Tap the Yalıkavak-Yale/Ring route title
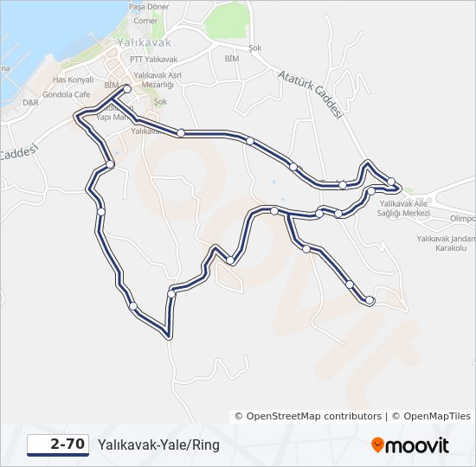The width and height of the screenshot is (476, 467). [x=158, y=445]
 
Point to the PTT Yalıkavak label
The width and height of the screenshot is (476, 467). [x=153, y=59]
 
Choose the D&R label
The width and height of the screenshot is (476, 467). [x=31, y=102]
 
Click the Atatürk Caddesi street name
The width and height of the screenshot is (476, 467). [x=312, y=93]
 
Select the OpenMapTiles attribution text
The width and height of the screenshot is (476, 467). [x=431, y=416]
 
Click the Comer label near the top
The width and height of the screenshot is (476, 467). [x=146, y=21]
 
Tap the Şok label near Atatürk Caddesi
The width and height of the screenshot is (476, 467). [x=254, y=48]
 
